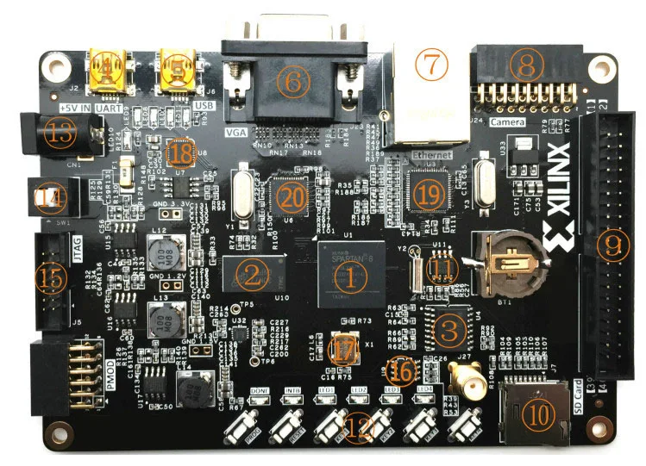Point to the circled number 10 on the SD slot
coord(540,415)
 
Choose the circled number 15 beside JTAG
coord(48,277)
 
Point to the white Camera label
coord(508,123)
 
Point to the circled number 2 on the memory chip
coord(253,276)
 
